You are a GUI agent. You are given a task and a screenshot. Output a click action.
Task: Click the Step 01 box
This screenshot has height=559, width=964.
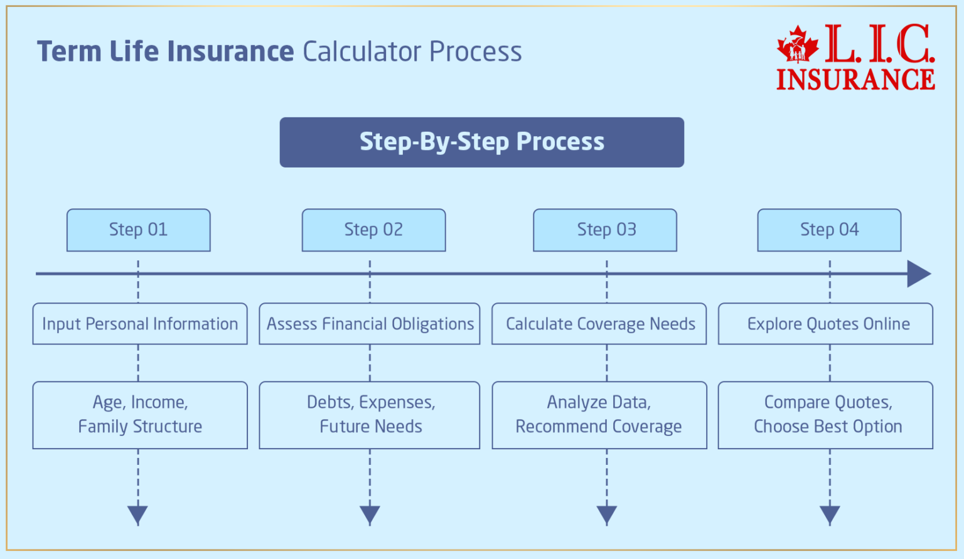tap(139, 230)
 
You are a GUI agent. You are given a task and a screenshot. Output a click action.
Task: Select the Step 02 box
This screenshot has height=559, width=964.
tap(373, 230)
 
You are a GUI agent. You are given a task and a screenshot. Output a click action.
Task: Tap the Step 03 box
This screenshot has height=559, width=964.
tap(605, 230)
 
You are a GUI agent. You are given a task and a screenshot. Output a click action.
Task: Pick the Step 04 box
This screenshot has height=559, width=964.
tap(829, 230)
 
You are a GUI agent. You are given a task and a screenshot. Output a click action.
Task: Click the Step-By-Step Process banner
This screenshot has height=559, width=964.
tap(481, 142)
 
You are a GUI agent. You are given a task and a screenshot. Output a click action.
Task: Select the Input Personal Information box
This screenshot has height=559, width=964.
tap(140, 324)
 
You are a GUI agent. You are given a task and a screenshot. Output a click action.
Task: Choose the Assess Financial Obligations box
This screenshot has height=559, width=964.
tap(370, 324)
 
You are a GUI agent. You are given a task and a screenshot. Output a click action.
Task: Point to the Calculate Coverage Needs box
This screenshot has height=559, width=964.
tap(599, 324)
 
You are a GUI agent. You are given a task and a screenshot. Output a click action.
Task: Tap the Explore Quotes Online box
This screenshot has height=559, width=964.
tap(825, 324)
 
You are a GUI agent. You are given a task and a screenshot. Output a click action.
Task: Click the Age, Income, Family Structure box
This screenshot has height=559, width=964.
tap(140, 415)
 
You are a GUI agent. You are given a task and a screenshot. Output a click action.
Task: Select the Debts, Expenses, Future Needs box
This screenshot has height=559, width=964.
tap(370, 415)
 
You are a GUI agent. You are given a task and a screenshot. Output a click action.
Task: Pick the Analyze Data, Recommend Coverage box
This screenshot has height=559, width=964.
tap(599, 415)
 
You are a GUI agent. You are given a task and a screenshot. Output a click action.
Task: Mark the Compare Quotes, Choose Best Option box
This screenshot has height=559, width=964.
tap(825, 415)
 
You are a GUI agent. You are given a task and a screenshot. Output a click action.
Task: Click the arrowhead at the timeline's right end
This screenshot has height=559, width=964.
tap(918, 274)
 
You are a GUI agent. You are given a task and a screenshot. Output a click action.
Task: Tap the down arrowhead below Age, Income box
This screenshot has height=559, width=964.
tap(138, 515)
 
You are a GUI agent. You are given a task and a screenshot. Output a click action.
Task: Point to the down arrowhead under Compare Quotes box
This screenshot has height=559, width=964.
tap(830, 515)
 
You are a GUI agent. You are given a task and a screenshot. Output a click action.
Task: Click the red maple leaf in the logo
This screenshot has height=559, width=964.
tap(798, 45)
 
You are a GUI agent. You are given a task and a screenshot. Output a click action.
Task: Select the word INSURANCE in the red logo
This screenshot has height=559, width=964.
tap(855, 80)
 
